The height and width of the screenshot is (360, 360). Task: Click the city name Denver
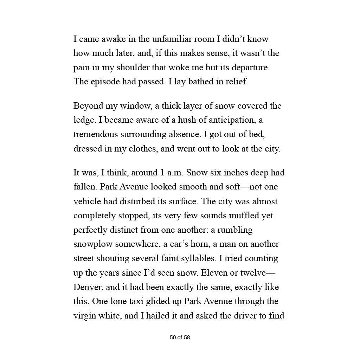tap(88, 287)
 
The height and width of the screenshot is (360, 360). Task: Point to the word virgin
tap(84, 316)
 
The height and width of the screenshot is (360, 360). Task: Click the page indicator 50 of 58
tap(180, 337)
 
